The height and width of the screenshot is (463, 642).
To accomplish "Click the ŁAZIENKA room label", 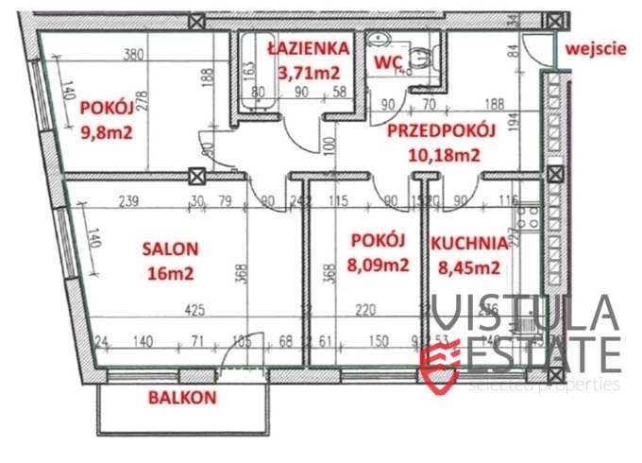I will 309,48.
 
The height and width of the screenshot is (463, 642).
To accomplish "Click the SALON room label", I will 170,249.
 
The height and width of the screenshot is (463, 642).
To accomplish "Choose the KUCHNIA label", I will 470,243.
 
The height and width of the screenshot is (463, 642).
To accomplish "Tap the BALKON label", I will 182,398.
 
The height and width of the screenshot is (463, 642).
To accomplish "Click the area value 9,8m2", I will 107,131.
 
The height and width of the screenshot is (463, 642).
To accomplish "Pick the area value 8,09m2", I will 378,265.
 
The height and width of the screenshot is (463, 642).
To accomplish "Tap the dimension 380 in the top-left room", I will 132,56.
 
